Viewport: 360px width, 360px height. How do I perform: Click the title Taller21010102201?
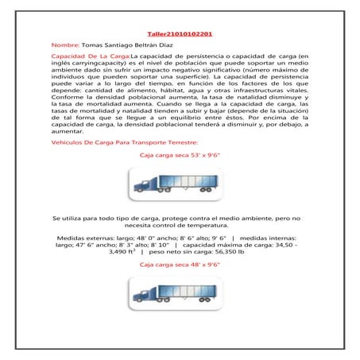coord(180,35)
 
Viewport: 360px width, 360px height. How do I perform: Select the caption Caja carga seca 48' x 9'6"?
coord(179,262)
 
